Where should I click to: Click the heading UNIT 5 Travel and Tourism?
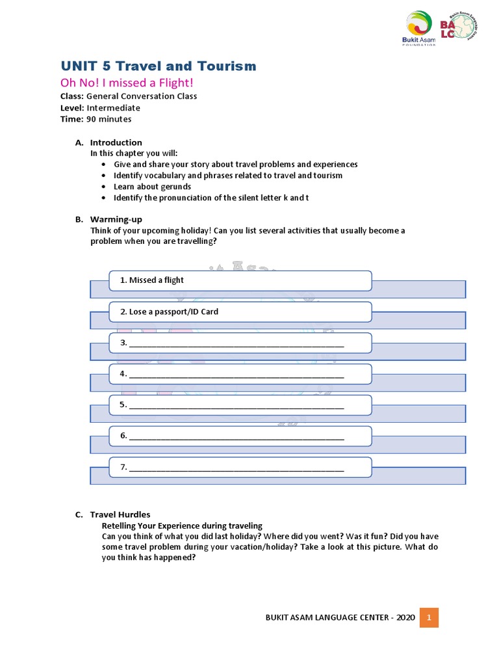coord(159,66)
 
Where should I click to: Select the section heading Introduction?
coord(116,142)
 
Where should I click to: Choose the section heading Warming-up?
coord(116,220)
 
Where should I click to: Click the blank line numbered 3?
coord(237,343)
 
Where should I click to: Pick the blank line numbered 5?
coord(237,406)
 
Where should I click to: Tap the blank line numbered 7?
coord(237,468)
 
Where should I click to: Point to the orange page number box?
coord(429,617)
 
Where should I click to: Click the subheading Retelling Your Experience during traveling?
coord(183,526)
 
